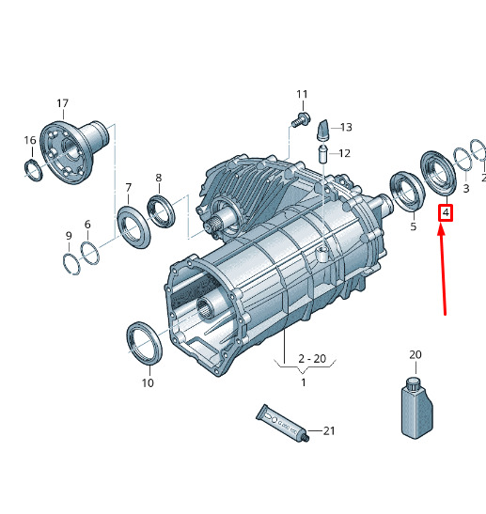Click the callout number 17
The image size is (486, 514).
pos(62,103)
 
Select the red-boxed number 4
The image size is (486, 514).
pos(446,212)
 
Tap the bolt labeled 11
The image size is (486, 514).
pos(301,119)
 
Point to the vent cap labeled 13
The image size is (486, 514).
pos(323,131)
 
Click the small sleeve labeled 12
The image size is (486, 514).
pos(323,154)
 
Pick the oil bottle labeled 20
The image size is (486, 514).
pos(416,408)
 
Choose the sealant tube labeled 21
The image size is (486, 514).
pos(282,423)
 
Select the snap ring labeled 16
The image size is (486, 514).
pos(34,170)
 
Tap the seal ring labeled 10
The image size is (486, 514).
pos(144,343)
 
